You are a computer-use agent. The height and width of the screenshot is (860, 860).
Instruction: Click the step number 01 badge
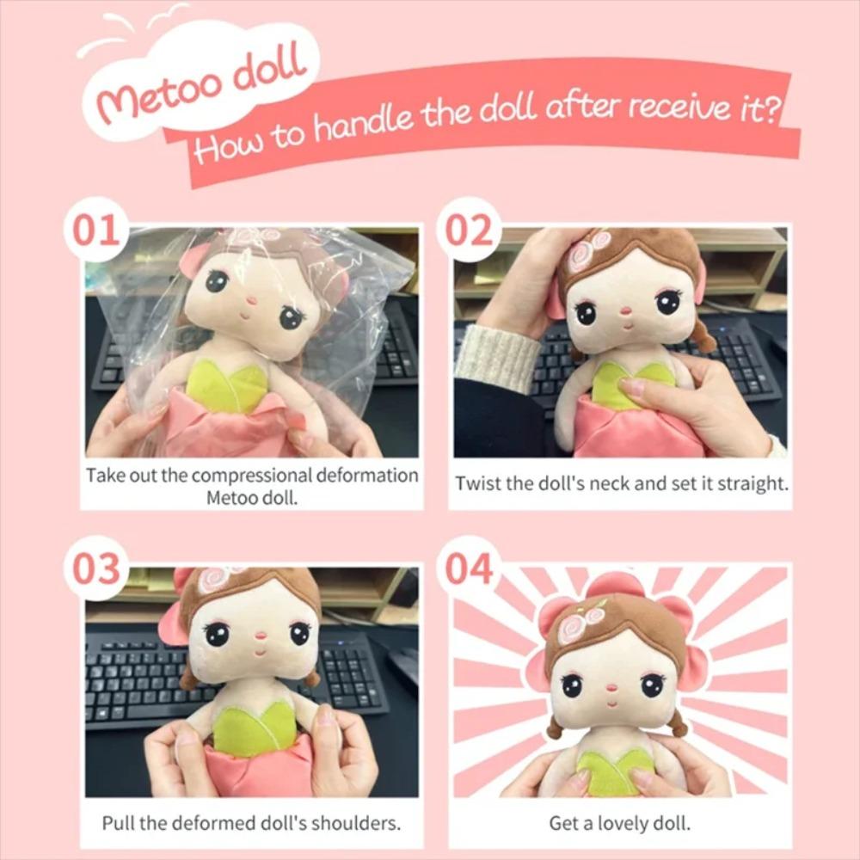[95, 230]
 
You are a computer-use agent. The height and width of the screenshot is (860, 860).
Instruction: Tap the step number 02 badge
[468, 230]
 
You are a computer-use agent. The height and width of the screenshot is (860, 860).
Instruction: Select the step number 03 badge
[95, 568]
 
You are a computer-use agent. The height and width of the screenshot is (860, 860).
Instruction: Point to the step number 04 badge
[468, 568]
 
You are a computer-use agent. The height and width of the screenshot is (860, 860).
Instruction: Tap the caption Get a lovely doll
[619, 823]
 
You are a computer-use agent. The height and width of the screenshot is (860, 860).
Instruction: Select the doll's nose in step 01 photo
[250, 302]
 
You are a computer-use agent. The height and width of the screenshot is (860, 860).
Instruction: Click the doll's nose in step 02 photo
[626, 310]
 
